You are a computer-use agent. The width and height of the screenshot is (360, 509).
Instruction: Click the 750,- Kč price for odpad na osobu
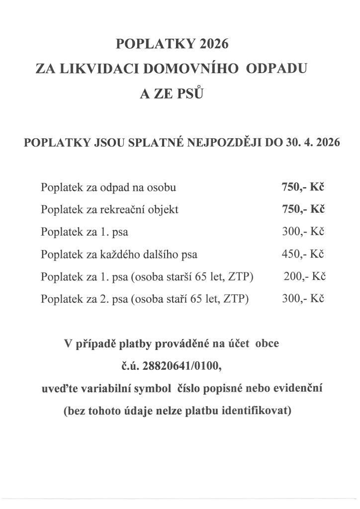click(x=303, y=187)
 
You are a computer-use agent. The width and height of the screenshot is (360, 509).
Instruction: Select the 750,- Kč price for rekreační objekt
click(x=303, y=209)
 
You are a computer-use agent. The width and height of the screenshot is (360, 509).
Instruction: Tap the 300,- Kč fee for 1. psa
click(x=303, y=232)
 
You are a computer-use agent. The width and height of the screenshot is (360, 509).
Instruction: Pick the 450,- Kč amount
click(x=303, y=254)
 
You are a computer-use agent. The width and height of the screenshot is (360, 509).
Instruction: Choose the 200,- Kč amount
click(x=304, y=276)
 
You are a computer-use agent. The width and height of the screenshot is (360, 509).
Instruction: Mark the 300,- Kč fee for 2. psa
click(x=303, y=299)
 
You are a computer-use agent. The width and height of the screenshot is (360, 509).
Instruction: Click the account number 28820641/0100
click(x=180, y=366)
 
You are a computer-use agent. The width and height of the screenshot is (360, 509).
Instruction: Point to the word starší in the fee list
click(x=184, y=277)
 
